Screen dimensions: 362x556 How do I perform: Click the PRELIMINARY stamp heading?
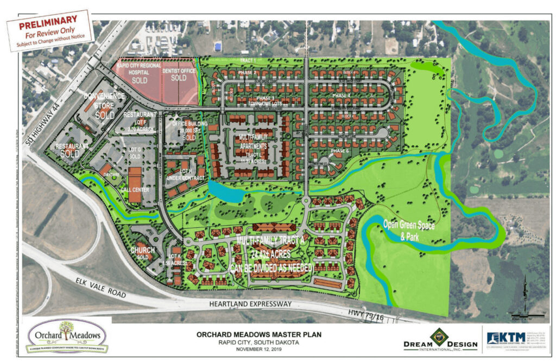[48, 26]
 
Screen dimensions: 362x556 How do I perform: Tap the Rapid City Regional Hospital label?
[139, 71]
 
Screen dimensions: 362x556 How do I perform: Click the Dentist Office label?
[179, 71]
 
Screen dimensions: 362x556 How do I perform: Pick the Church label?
[143, 251]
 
